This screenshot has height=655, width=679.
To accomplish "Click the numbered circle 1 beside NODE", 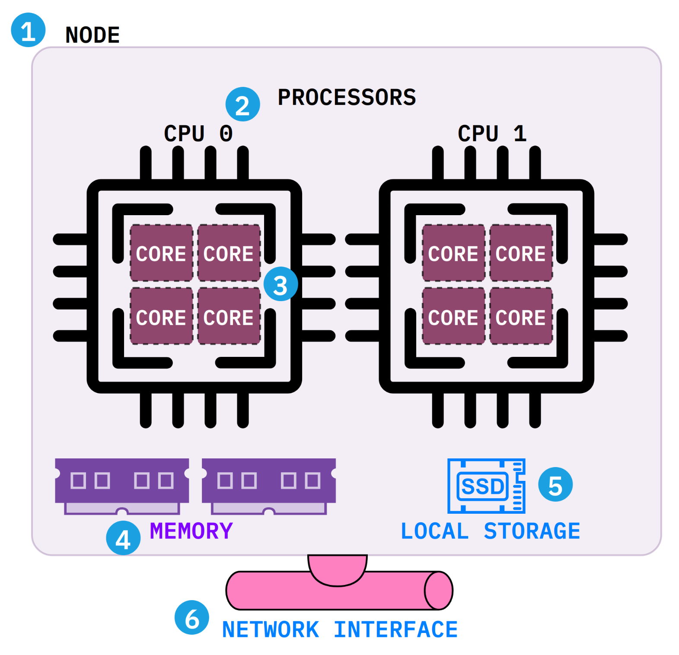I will coord(28,30).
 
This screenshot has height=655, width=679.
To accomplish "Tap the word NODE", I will coord(92,35).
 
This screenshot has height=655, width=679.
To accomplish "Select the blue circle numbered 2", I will coord(242,104).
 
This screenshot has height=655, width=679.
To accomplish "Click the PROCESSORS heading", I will coord(347,97).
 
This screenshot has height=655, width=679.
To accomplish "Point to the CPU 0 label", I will coord(198,133).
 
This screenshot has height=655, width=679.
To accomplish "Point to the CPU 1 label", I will coord(492,133).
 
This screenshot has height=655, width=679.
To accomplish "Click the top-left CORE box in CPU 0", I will coord(161,253).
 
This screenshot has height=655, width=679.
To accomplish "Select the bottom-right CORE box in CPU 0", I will coord(229,316).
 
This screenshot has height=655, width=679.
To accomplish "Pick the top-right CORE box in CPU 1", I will coord(521,253).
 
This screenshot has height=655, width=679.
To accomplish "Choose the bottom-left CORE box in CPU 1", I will coord(453,316).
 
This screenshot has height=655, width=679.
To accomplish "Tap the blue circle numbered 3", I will coord(281,284).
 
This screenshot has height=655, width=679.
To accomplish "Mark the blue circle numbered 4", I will coord(123,538).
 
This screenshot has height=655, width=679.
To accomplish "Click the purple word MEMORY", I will coord(191,531).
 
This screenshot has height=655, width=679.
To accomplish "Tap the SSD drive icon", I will coord(486,486).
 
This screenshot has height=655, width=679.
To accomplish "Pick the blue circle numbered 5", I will coord(555,484).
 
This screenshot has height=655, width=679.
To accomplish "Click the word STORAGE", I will coord(532,531).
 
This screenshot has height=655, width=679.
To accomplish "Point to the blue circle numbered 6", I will coord(191,617).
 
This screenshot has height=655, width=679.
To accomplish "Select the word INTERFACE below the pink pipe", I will coord(395,630).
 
